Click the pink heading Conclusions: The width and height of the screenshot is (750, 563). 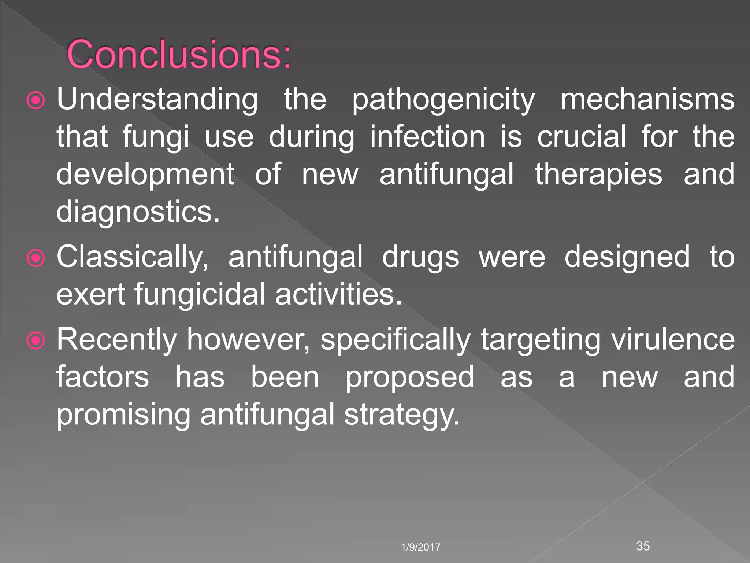coord(179,54)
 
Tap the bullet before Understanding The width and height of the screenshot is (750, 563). coord(36,100)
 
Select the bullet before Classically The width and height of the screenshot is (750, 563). coord(36,258)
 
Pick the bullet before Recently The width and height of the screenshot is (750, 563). coord(36,341)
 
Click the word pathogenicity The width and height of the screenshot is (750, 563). coord(443,100)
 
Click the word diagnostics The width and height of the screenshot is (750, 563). coord(138,213)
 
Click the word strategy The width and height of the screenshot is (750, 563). coord(401,416)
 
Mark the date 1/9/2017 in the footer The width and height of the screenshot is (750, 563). coord(420,547)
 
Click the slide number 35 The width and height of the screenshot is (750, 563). coord(643,546)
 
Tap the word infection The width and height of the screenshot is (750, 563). coord(427,137)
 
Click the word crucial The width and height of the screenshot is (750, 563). coord(582,137)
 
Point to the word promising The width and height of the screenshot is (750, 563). coord(123,416)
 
